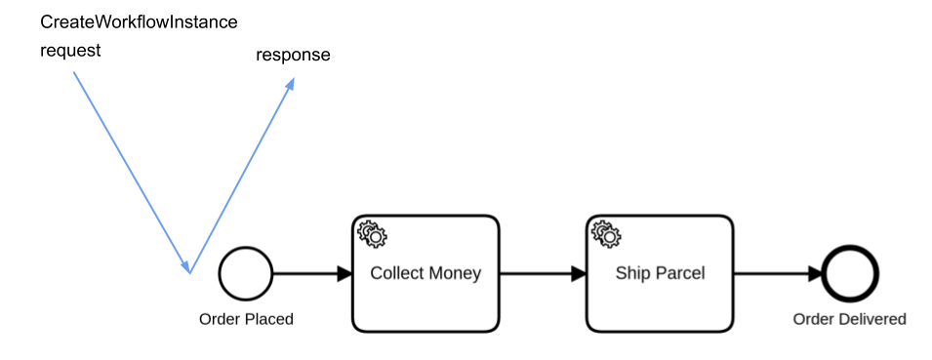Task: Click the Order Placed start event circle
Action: (246, 273)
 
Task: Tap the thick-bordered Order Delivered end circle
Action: (850, 273)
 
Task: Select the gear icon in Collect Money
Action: (372, 234)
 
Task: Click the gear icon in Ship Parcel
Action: (606, 234)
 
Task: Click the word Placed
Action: (268, 319)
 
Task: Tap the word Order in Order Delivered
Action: (812, 319)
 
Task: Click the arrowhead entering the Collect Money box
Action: (344, 274)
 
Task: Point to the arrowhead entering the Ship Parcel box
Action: (579, 274)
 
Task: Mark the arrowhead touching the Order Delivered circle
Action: (815, 274)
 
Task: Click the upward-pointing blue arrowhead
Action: (290, 84)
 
